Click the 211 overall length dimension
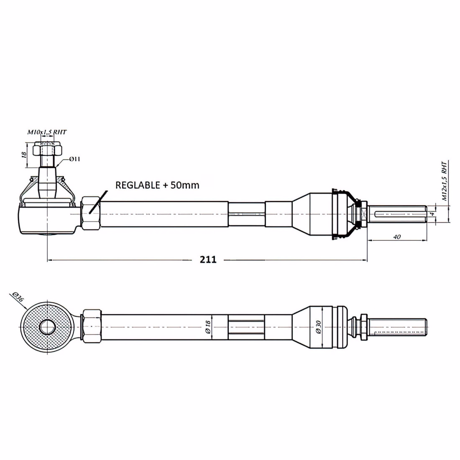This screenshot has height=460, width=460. pyautogui.click(x=208, y=260)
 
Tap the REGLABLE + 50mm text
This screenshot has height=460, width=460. pyautogui.click(x=157, y=185)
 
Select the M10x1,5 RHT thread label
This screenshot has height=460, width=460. pyautogui.click(x=47, y=132)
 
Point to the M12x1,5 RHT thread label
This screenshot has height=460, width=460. pyautogui.click(x=445, y=181)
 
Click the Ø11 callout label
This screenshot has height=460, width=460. pyautogui.click(x=74, y=159)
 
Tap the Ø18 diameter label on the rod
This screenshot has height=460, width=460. pyautogui.click(x=208, y=327)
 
